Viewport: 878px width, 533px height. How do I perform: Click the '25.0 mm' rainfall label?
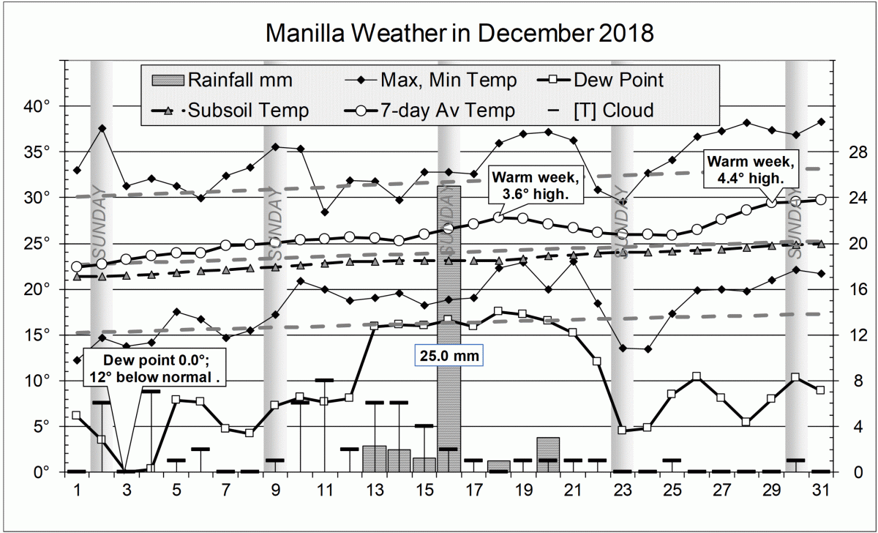449,357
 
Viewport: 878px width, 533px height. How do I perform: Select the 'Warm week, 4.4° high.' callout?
744,168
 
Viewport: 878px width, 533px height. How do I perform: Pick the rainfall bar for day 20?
548,455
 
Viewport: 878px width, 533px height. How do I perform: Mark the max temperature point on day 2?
102,128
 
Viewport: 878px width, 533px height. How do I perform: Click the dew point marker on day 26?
697,376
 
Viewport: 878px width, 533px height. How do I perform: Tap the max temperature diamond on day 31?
821,122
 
